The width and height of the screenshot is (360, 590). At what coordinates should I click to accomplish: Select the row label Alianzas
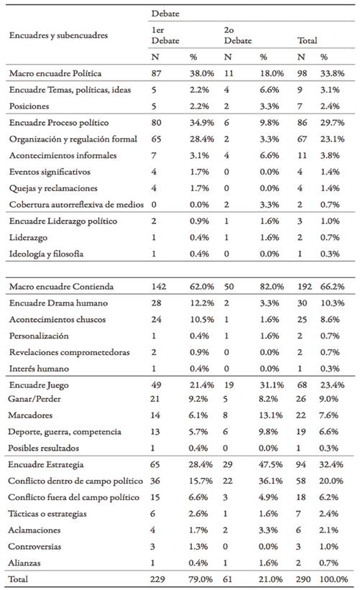click(x=24, y=562)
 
